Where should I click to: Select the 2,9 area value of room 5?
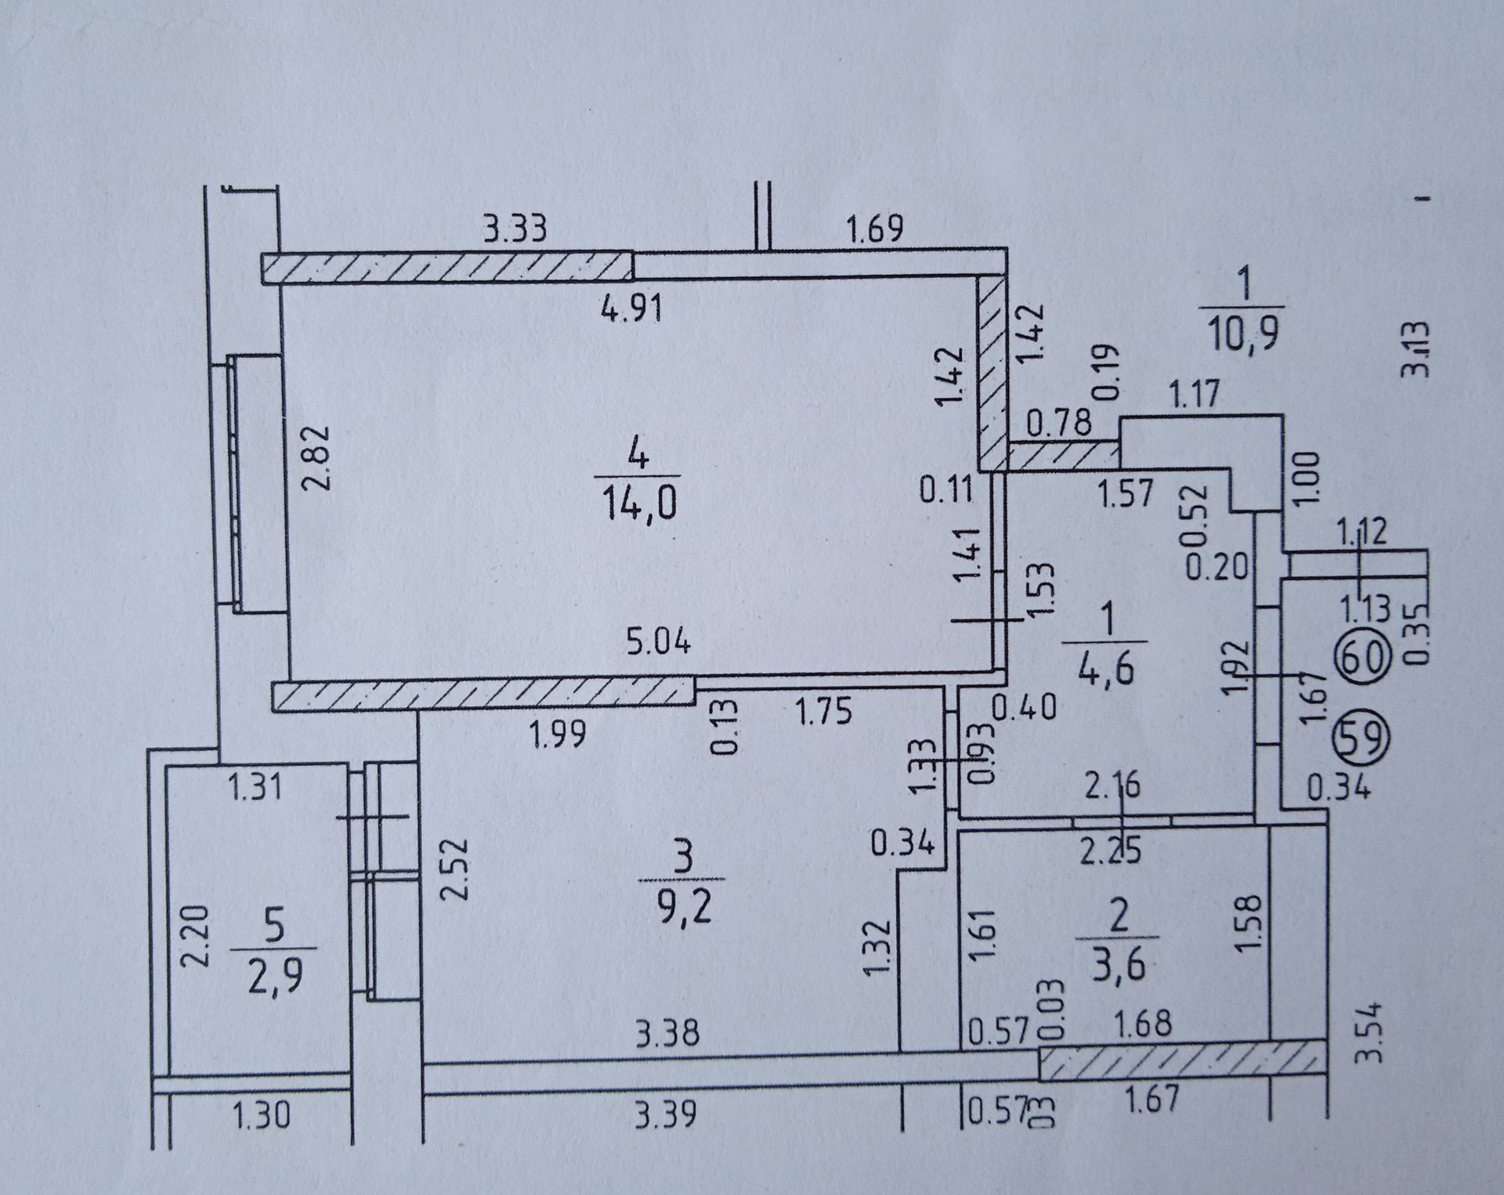click(275, 977)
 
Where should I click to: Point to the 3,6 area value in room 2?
click(1119, 964)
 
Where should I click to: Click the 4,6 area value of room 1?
click(1106, 670)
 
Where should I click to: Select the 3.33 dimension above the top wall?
click(514, 231)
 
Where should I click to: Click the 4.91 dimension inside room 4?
click(631, 309)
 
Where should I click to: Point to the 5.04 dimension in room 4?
click(658, 642)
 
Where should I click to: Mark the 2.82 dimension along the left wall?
click(318, 457)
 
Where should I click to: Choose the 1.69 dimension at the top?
click(874, 229)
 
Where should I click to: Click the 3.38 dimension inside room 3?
click(667, 1034)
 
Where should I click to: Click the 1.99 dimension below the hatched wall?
click(557, 736)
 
